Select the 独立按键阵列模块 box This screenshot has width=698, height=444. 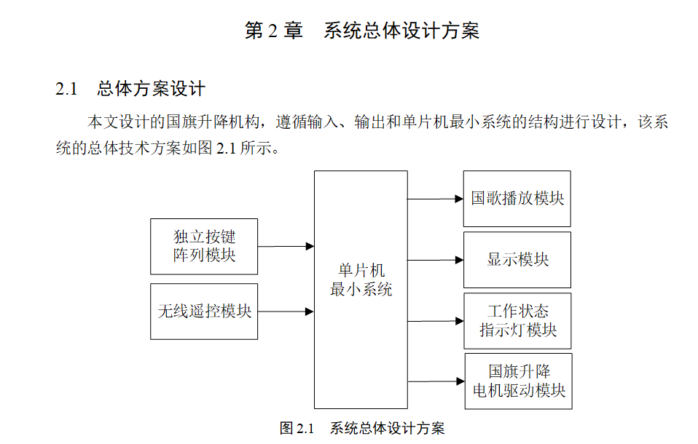pos(204,246)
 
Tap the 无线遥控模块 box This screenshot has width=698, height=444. pos(204,312)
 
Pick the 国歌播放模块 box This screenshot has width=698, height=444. pos(517,199)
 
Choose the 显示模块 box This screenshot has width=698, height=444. pos(517,260)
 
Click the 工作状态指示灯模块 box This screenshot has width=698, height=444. pos(517,321)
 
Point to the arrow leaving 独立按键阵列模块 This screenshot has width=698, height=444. pos(286,247)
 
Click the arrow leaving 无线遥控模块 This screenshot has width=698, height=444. pos(286,312)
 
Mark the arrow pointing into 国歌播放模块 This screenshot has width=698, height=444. pos(435,199)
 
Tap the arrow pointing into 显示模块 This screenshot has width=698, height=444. pos(435,260)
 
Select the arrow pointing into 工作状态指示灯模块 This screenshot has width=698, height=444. pos(435,320)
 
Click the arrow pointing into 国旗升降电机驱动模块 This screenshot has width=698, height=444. pos(435,381)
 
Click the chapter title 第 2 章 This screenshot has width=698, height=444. pos(273,31)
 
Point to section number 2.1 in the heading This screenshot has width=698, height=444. pos(66,90)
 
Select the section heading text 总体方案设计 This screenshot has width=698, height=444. pos(151,90)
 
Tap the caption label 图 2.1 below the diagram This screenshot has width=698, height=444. pos(296,428)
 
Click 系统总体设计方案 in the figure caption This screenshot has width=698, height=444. pos(387,428)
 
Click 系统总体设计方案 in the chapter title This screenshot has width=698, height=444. pos(401,31)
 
